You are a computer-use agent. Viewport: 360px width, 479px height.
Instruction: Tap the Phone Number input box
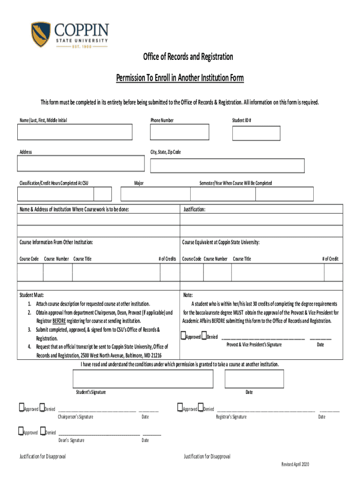point(187,133)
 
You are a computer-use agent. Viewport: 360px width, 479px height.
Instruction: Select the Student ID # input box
point(256,133)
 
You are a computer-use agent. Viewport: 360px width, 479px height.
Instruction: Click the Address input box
point(81,164)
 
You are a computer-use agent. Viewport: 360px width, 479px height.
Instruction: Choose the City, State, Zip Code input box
point(227,166)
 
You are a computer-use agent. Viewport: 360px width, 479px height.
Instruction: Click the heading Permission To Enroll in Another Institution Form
point(180,78)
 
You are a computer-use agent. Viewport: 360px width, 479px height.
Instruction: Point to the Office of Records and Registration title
point(187,57)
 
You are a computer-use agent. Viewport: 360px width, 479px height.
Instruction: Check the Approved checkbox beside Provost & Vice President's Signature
point(183,336)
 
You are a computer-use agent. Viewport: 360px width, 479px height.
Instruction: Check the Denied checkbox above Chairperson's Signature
point(42,408)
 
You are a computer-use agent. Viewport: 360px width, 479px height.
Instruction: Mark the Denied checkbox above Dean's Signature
point(43,432)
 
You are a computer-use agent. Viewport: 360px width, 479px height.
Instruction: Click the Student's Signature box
point(143,379)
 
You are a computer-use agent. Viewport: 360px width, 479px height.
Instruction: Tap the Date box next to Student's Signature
point(247,379)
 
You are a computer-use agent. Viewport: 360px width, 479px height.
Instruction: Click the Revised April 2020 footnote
point(295,464)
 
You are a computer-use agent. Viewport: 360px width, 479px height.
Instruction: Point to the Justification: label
point(194,210)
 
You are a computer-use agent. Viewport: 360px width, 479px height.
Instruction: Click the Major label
point(139,183)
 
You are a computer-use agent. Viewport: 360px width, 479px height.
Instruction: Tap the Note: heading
point(188,295)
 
